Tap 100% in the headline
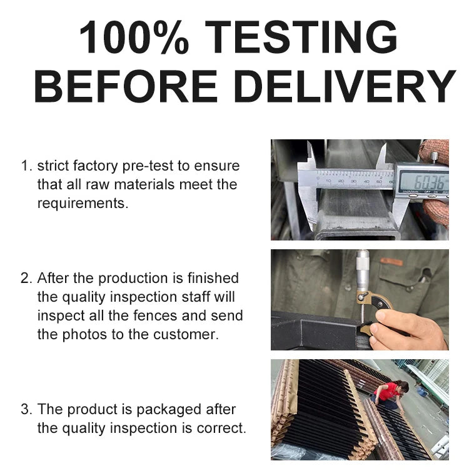(x=134, y=37)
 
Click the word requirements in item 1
(x=81, y=203)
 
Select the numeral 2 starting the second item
(x=24, y=279)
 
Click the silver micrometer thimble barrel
(x=363, y=270)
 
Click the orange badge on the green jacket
(x=391, y=262)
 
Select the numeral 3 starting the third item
(x=24, y=409)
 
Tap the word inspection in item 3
(x=143, y=429)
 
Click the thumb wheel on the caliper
(x=434, y=157)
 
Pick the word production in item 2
(x=133, y=279)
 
